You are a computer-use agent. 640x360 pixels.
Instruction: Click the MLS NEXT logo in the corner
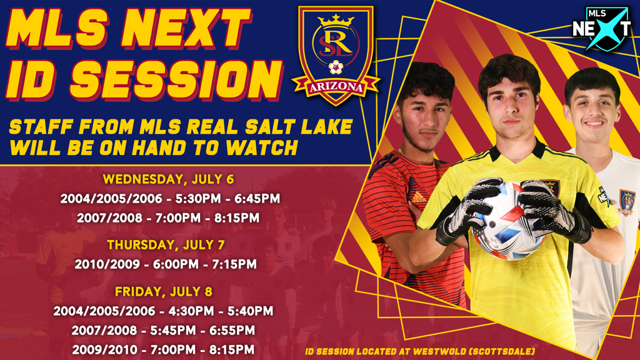[x=602, y=28]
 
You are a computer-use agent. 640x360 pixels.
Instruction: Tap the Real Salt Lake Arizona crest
[x=336, y=55]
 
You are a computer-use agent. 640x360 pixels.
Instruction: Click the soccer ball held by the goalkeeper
[x=509, y=221]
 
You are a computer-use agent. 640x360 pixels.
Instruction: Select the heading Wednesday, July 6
[x=168, y=179]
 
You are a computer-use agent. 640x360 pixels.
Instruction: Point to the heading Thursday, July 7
[x=166, y=245]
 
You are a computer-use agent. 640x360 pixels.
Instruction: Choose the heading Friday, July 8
[x=163, y=291]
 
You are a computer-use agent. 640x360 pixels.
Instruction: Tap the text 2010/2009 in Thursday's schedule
[x=107, y=264]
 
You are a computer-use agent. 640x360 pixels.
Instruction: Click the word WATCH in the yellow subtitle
[x=262, y=147]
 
